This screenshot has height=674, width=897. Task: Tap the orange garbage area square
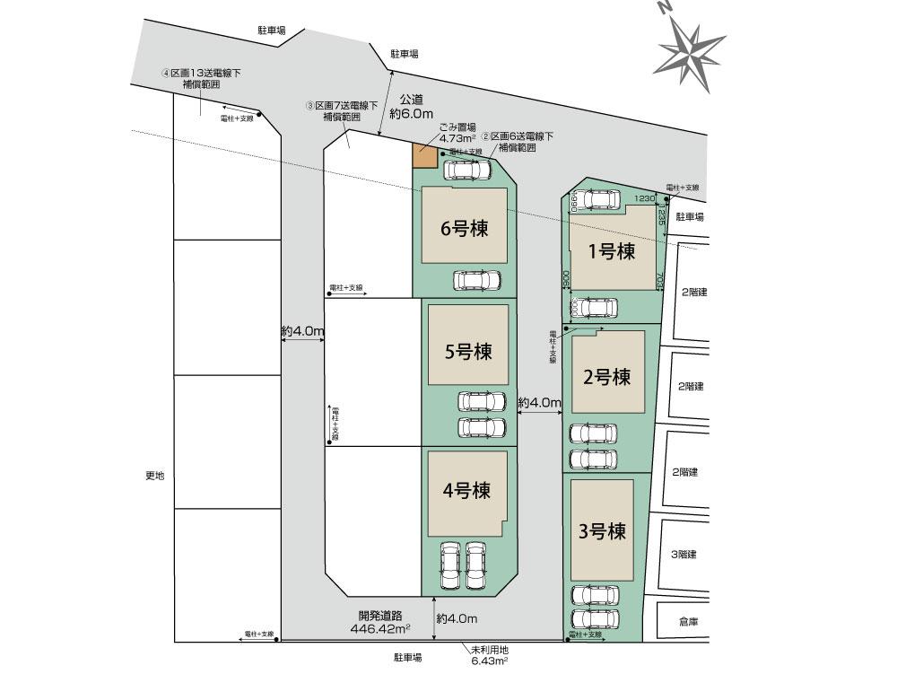point(424,156)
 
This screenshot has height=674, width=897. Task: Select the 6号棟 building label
point(464,229)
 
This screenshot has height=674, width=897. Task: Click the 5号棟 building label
point(467,351)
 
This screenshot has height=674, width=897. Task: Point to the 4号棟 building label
point(466,491)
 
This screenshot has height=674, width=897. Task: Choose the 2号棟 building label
point(607,377)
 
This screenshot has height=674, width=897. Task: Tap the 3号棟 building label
point(602,530)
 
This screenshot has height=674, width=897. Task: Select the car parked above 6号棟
point(467,169)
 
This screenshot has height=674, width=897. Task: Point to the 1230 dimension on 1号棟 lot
point(644,198)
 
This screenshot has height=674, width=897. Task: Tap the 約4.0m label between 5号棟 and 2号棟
point(539,403)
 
